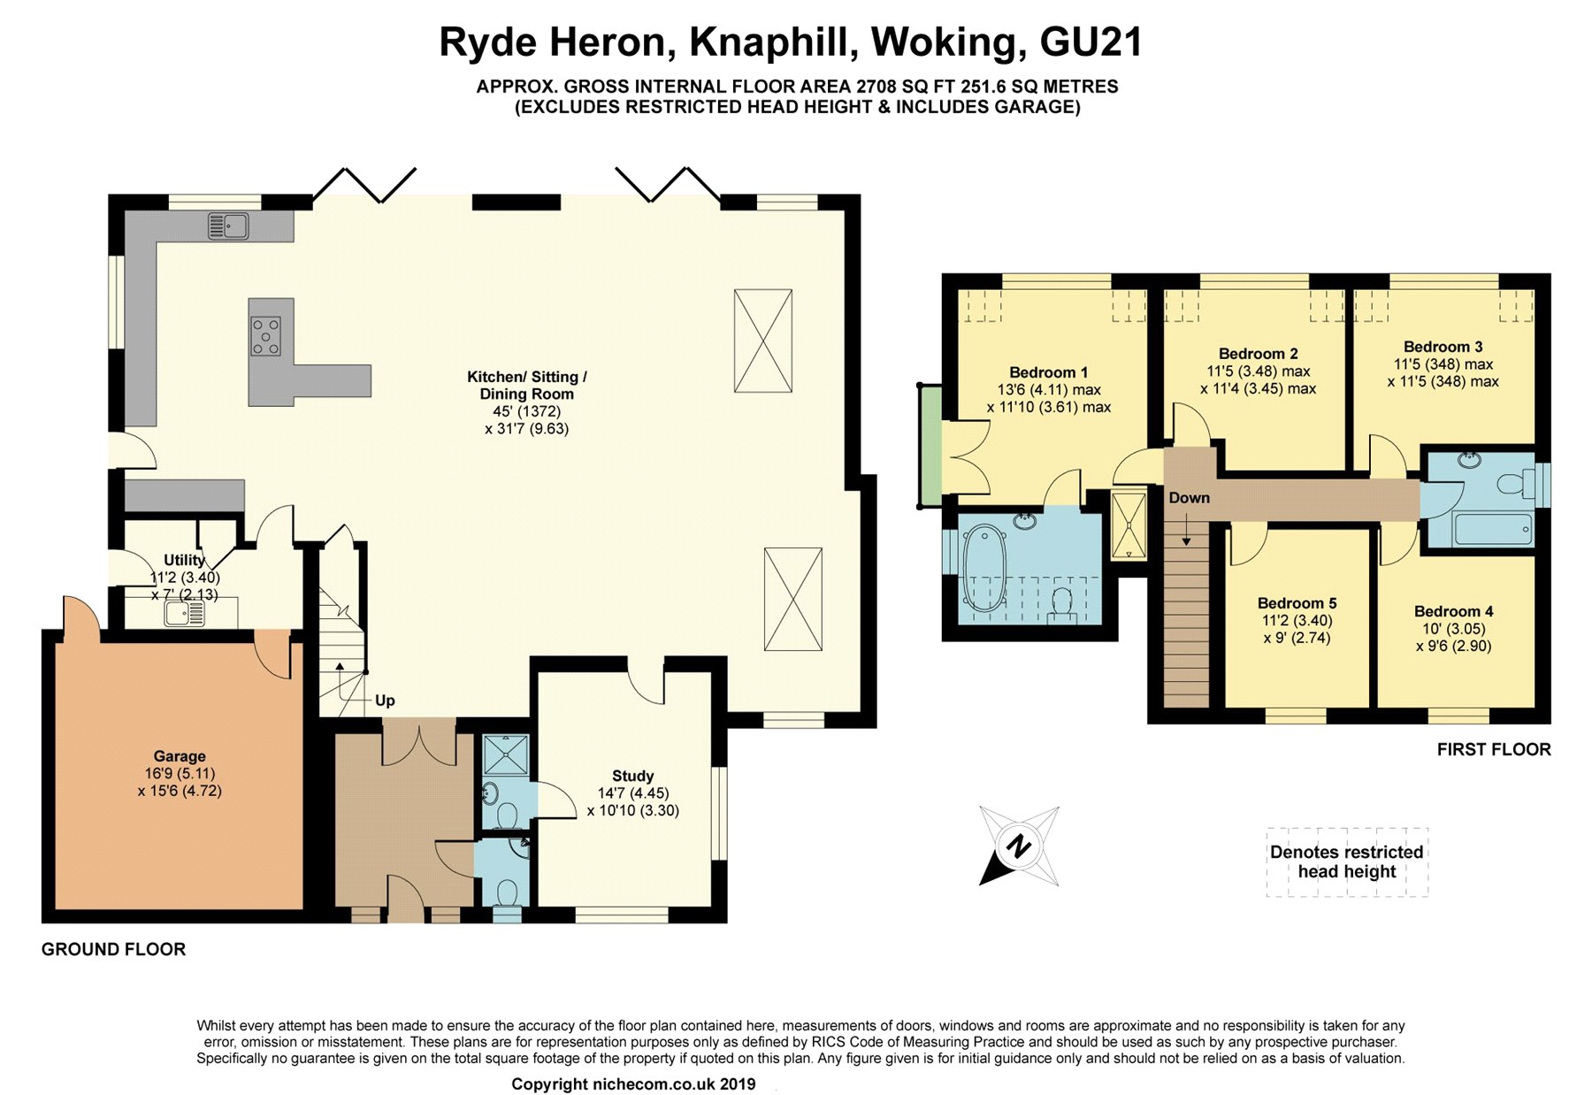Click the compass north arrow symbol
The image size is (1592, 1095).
pos(1019,846)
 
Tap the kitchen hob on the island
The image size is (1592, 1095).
pos(265,337)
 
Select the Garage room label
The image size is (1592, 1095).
pos(180,756)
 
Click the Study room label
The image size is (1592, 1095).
pos(633,776)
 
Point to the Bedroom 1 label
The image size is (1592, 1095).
pos(1049,372)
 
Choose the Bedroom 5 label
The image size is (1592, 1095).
pos(1297,603)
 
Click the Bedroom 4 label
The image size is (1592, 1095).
pos(1454,611)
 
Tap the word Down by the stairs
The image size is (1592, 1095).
pos(1189,498)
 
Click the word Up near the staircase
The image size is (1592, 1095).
pos(385,701)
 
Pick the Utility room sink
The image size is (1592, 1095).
pos(184,613)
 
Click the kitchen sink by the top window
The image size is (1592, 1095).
pos(228,226)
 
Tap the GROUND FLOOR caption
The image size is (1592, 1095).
pos(113,949)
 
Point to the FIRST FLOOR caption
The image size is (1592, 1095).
pos(1494,749)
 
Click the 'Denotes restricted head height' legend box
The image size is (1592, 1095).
pos(1347,862)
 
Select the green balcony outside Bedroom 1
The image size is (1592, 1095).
pos(930,446)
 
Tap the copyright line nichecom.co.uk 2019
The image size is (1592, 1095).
pos(633,1084)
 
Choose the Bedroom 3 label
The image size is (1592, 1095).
pos(1443,347)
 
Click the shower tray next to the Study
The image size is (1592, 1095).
pos(506,755)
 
